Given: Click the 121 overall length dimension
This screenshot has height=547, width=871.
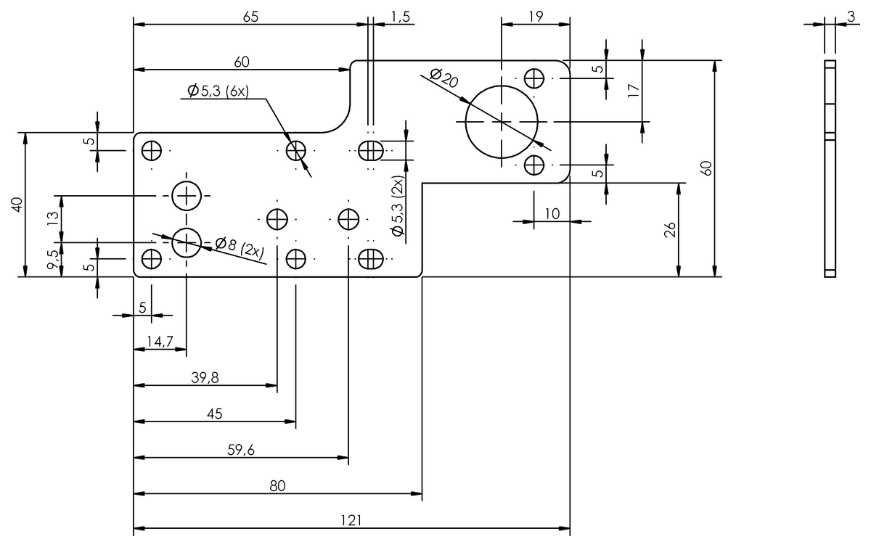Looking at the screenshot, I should click(351, 520).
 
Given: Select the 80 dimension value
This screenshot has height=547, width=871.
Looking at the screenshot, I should click(277, 486).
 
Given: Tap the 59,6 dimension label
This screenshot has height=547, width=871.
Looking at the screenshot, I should click(240, 450).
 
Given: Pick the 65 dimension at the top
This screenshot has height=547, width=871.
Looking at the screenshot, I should click(250, 16).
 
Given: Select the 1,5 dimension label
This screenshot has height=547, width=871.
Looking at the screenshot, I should click(400, 16).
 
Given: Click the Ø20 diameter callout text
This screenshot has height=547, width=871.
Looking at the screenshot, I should click(443, 78).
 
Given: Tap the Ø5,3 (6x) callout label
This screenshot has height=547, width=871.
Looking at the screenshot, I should click(218, 91).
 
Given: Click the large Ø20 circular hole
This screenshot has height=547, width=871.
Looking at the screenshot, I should click(502, 121).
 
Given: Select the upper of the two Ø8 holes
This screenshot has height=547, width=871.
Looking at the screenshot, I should click(187, 195).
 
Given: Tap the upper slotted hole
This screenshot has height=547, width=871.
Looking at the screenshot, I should click(371, 151).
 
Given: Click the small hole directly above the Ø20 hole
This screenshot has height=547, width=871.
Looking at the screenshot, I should click(535, 78).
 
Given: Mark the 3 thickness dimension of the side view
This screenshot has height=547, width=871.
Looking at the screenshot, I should click(850, 16).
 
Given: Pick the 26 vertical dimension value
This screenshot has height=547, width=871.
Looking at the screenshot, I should click(670, 229).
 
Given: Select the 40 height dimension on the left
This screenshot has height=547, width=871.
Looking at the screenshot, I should click(17, 205).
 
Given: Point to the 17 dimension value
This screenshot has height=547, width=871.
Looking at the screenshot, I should click(634, 90).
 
